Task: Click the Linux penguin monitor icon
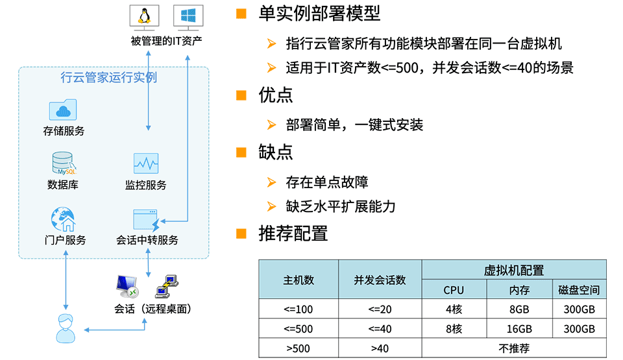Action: tap(145, 18)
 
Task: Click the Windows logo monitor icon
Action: tap(188, 18)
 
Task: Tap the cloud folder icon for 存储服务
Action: tap(63, 110)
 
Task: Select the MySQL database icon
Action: tap(64, 163)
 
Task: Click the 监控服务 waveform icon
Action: tap(146, 163)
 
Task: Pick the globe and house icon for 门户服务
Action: tap(63, 219)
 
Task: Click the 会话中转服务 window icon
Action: tap(146, 220)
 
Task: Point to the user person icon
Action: tap(66, 328)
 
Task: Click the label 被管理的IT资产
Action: tap(167, 41)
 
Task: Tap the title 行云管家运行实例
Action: tap(109, 77)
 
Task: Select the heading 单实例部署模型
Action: tap(319, 13)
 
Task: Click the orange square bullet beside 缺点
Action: tap(241, 152)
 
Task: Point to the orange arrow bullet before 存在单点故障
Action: tap(272, 182)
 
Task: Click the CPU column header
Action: tap(454, 290)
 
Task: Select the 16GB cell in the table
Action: tap(519, 329)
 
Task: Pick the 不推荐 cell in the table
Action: tap(514, 348)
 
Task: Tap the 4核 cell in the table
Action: tap(454, 309)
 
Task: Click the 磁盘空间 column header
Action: tap(579, 290)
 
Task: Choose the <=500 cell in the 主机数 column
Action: tap(299, 329)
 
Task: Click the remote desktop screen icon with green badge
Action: tap(127, 287)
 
